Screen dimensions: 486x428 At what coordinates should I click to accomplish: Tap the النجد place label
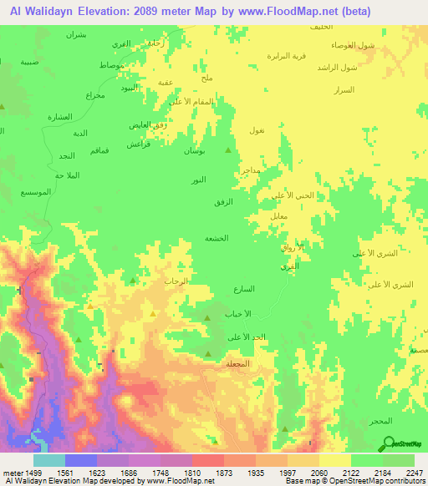[68, 156]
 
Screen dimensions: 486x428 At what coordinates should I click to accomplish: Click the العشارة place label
[60, 116]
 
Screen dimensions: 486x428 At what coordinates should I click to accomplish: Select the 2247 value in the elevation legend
[415, 472]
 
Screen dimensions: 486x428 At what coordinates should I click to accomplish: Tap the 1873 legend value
[224, 472]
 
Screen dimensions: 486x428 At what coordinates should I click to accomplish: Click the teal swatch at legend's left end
[48, 460]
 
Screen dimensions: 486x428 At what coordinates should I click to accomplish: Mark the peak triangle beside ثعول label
[230, 150]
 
